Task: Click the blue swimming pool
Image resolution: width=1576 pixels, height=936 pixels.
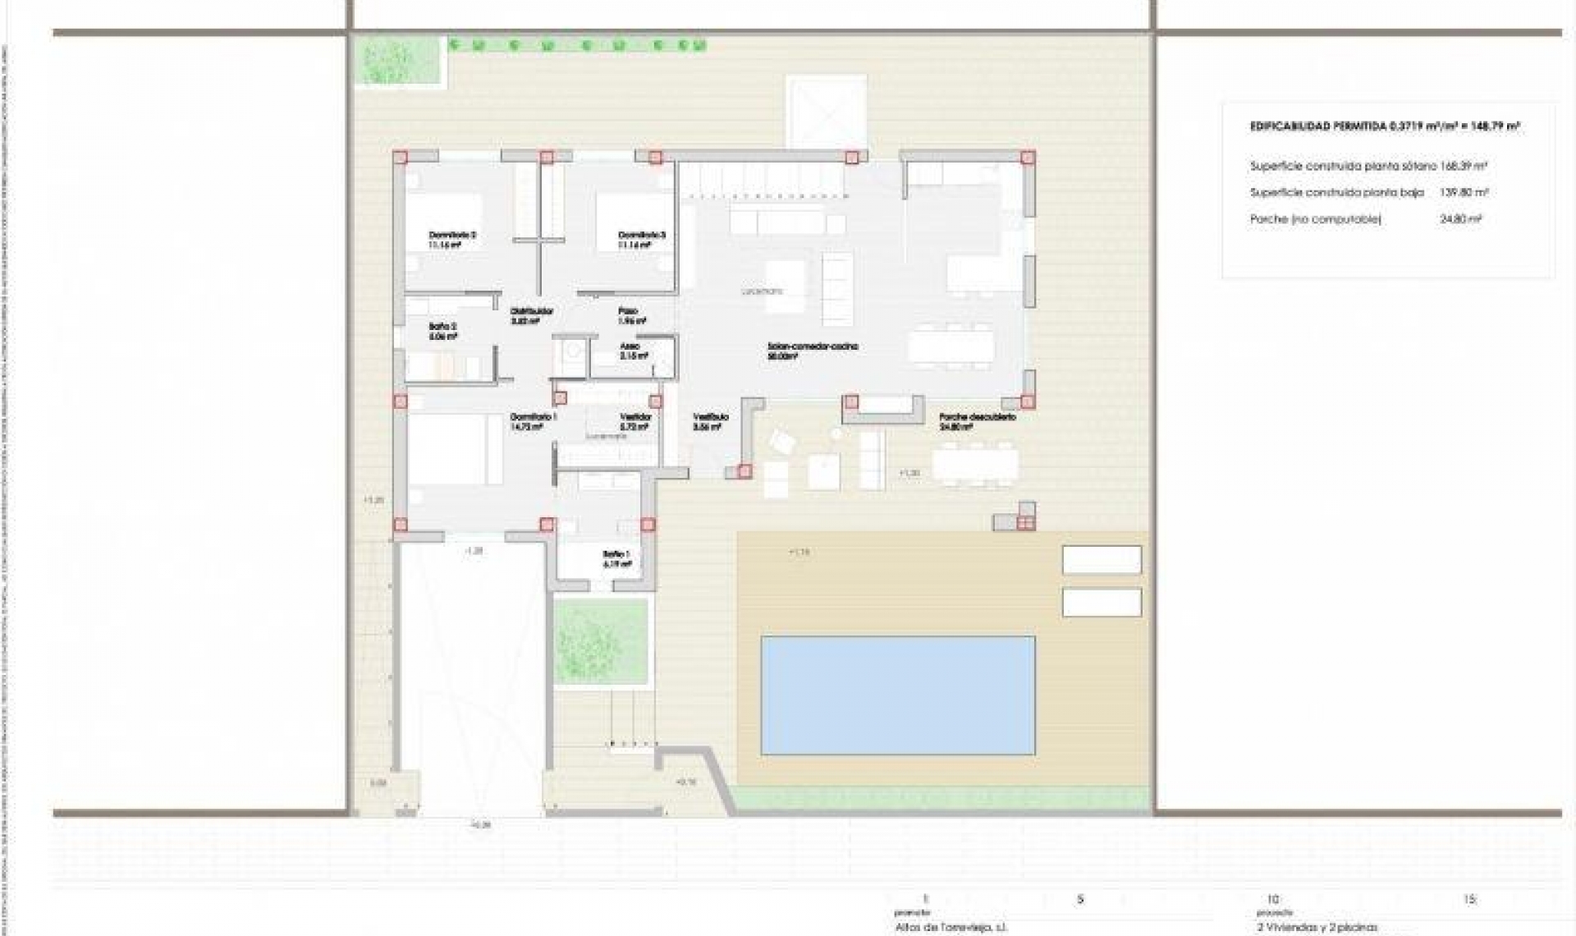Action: click(x=897, y=695)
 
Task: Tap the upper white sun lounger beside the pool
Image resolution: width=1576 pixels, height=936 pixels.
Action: click(x=1102, y=560)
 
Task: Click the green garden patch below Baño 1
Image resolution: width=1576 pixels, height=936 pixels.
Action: click(x=602, y=641)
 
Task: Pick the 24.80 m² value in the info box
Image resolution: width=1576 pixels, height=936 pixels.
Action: click(x=1461, y=219)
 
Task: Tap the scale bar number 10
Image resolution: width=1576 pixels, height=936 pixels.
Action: click(x=1273, y=899)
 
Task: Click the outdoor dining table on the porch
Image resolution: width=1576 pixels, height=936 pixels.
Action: click(x=976, y=466)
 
